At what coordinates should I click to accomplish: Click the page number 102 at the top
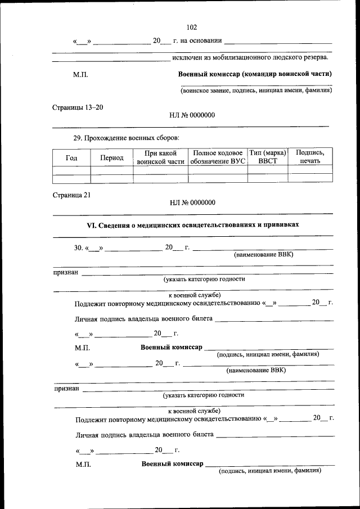click(191, 27)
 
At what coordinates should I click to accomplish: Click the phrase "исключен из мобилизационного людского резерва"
click(250, 57)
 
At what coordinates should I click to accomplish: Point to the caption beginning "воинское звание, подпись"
click(256, 90)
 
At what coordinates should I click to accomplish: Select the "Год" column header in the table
click(72, 157)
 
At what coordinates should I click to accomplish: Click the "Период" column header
click(112, 158)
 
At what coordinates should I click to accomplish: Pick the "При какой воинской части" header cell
click(161, 157)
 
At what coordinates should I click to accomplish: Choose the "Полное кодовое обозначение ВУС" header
click(217, 157)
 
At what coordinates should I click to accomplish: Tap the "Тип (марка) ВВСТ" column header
click(268, 157)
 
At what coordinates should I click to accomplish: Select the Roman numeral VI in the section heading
click(91, 224)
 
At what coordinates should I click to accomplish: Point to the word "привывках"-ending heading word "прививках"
click(280, 224)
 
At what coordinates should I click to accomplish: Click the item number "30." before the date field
click(79, 247)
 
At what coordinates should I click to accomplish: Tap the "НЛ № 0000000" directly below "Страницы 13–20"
click(192, 115)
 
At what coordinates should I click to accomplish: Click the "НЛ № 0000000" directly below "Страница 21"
click(192, 202)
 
